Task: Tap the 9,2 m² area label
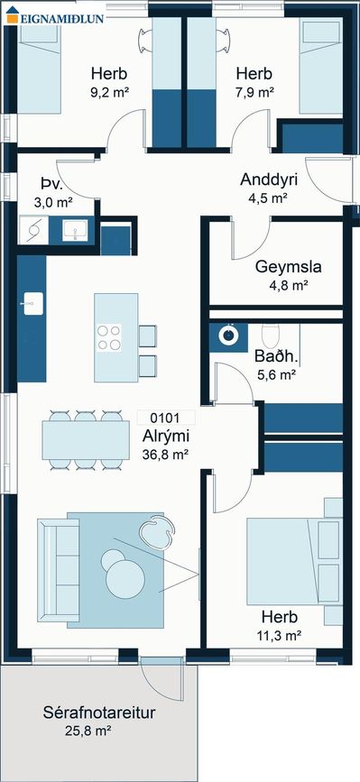tap(109, 93)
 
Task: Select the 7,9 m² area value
tap(254, 93)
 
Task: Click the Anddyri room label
tap(268, 179)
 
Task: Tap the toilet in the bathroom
tap(272, 336)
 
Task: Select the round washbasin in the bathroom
tap(229, 335)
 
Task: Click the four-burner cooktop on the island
tap(108, 337)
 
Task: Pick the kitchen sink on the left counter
tap(33, 303)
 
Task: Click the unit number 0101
tap(165, 417)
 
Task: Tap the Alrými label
tap(165, 437)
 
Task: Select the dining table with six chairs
tap(86, 440)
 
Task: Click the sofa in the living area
tap(58, 570)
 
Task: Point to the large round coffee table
tap(125, 579)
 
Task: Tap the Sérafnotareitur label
tap(98, 713)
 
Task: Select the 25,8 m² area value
tap(88, 731)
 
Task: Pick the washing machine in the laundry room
tap(33, 230)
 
